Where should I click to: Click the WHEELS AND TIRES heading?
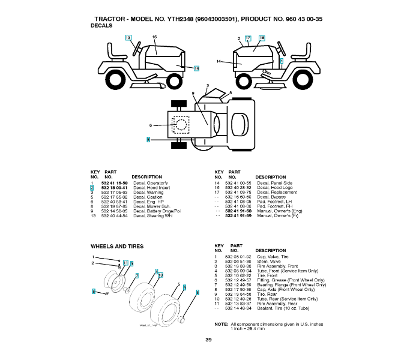tap(117, 246)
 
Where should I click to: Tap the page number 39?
tap(208, 340)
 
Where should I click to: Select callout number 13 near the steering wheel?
tap(128, 38)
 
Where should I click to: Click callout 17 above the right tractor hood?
tap(247, 38)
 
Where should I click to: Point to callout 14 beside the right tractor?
tap(219, 62)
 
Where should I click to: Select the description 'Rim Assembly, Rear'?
tap(277, 304)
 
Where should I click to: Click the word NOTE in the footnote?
tap(220, 324)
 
